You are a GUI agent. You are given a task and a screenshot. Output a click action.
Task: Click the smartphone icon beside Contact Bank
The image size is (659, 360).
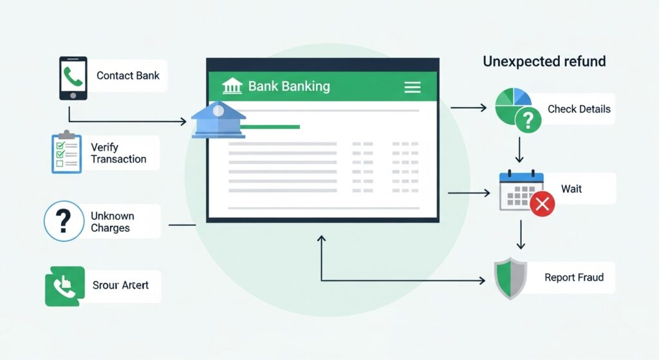click(73, 78)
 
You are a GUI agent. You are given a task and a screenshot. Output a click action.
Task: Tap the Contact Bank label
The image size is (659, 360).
click(127, 75)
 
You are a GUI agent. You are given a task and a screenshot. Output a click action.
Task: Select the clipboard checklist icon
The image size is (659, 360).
click(66, 153)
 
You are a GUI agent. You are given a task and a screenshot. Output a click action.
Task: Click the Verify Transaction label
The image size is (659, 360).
click(118, 153)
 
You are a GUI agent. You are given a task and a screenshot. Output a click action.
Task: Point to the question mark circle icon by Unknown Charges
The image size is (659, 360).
click(64, 222)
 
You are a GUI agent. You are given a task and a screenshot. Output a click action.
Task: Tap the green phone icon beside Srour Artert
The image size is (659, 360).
click(64, 286)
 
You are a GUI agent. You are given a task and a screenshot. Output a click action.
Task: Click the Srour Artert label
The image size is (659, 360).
click(120, 285)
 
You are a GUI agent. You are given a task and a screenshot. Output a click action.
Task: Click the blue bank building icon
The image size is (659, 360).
click(218, 119)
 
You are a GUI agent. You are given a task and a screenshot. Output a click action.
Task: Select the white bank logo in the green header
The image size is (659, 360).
click(232, 86)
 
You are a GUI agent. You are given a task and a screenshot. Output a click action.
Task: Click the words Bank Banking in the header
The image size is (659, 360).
click(289, 86)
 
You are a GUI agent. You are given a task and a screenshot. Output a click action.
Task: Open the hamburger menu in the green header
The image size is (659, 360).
click(412, 87)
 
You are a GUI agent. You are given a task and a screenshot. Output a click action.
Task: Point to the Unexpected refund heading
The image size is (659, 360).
click(544, 62)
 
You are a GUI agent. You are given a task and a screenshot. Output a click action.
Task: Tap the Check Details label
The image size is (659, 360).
click(579, 109)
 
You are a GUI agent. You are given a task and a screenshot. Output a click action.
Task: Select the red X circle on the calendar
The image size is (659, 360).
click(543, 204)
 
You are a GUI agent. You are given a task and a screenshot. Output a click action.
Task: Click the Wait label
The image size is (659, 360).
click(571, 189)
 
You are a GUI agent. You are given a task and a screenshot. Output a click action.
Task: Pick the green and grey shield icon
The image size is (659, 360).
click(510, 278)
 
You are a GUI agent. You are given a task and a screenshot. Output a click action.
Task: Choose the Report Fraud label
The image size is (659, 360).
click(574, 278)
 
